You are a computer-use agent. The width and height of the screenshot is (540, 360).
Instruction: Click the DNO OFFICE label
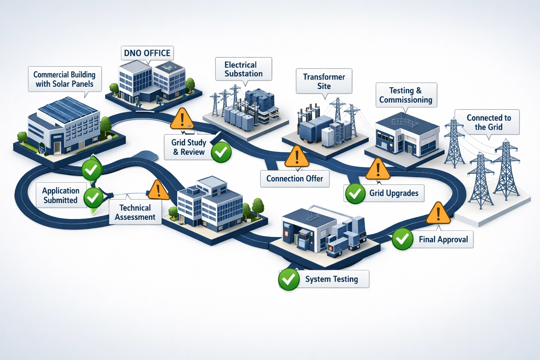(147, 53)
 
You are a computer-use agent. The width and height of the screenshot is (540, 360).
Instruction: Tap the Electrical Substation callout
(243, 69)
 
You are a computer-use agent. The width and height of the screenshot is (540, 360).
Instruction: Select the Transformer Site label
(324, 81)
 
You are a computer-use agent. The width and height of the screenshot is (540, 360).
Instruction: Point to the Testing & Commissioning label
(406, 95)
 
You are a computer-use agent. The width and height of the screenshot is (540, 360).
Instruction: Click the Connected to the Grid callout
(488, 122)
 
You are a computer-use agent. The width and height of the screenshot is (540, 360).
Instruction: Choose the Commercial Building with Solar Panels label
(65, 79)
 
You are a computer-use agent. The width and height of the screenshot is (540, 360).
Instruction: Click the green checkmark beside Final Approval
(402, 239)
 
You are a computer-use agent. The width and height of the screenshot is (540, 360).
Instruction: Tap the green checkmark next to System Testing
(289, 279)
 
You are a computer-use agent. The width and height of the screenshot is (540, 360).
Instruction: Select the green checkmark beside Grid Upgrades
(355, 193)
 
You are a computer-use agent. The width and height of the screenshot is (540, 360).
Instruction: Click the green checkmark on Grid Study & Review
(221, 152)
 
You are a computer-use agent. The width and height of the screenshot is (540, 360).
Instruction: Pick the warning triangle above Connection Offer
(297, 157)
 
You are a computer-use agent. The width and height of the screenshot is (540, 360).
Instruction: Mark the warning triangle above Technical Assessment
(158, 191)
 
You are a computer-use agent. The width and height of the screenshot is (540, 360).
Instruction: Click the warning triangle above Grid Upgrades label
(378, 169)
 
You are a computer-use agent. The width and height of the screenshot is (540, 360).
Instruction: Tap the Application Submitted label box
(61, 195)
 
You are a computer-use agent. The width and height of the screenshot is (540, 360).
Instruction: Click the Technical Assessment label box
(135, 212)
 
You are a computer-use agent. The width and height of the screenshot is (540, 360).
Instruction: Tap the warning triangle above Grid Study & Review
(182, 120)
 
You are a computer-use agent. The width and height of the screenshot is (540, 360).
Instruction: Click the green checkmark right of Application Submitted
(93, 198)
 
